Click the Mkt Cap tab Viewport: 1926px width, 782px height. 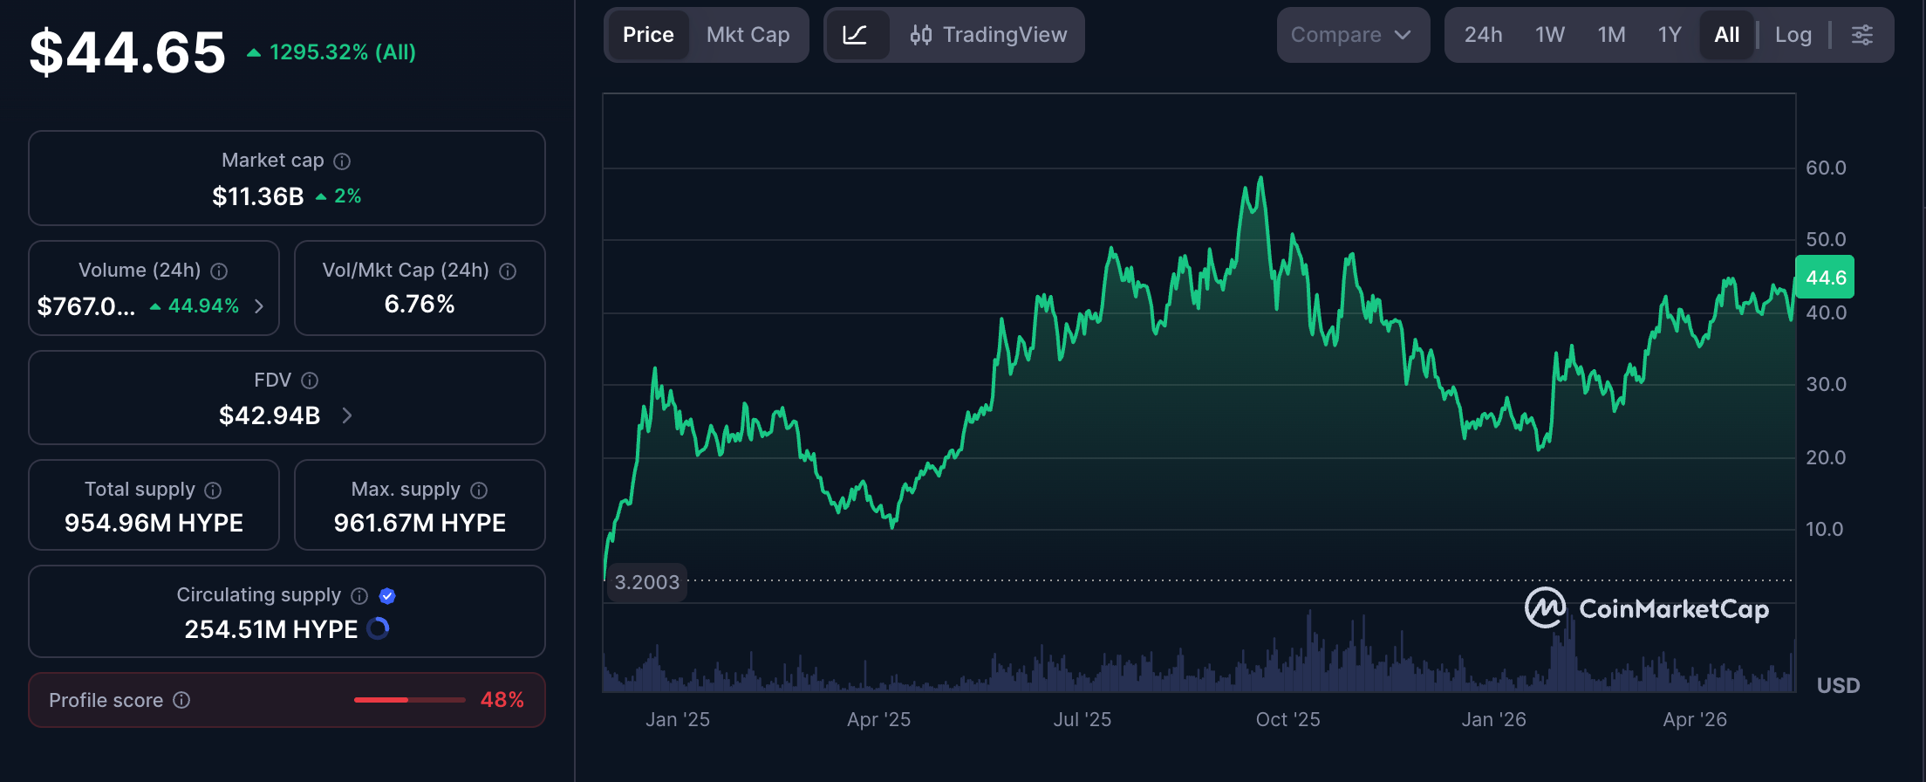point(748,35)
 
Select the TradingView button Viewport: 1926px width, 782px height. point(987,35)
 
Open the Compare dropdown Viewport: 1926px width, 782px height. point(1352,35)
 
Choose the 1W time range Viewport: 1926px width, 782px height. point(1550,35)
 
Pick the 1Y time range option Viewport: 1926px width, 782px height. point(1670,35)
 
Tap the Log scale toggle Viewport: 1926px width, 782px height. point(1793,35)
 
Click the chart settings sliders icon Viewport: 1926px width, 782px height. point(1862,35)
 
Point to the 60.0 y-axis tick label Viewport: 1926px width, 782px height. point(1826,168)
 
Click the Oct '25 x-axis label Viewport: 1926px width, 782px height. point(1287,719)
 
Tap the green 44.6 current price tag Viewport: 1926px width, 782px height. point(1825,278)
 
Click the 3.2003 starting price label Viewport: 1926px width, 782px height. point(646,582)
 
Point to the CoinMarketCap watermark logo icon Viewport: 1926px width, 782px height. point(1545,607)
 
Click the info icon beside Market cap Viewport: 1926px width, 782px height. point(342,161)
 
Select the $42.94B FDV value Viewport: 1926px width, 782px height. point(270,415)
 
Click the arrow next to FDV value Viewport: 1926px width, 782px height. point(347,415)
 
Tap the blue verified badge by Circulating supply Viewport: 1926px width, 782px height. point(387,596)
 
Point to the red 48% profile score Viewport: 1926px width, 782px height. point(502,700)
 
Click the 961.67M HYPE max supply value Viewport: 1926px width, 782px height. point(420,523)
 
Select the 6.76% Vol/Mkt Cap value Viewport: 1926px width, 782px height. point(420,305)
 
